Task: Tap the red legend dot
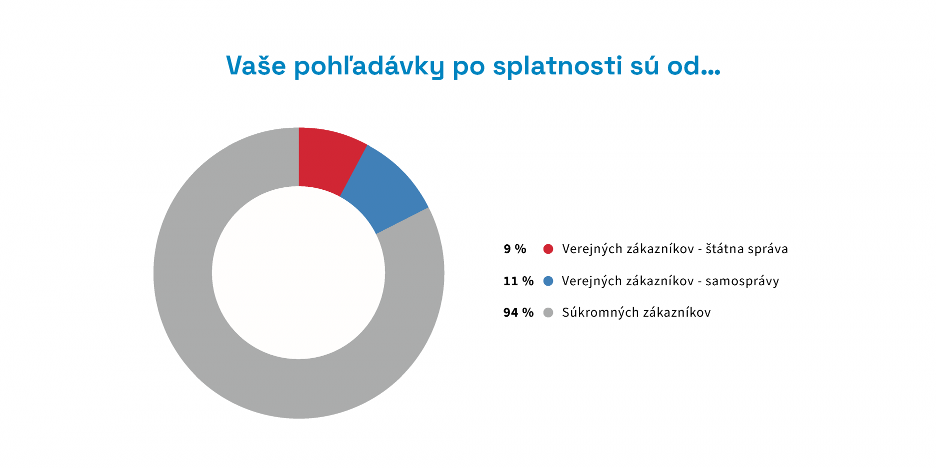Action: [548, 249]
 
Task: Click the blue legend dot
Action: [548, 281]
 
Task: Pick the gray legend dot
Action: [548, 313]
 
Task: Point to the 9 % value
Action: [514, 249]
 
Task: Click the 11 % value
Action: [518, 281]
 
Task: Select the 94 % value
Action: [518, 313]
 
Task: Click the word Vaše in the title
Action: [256, 65]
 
